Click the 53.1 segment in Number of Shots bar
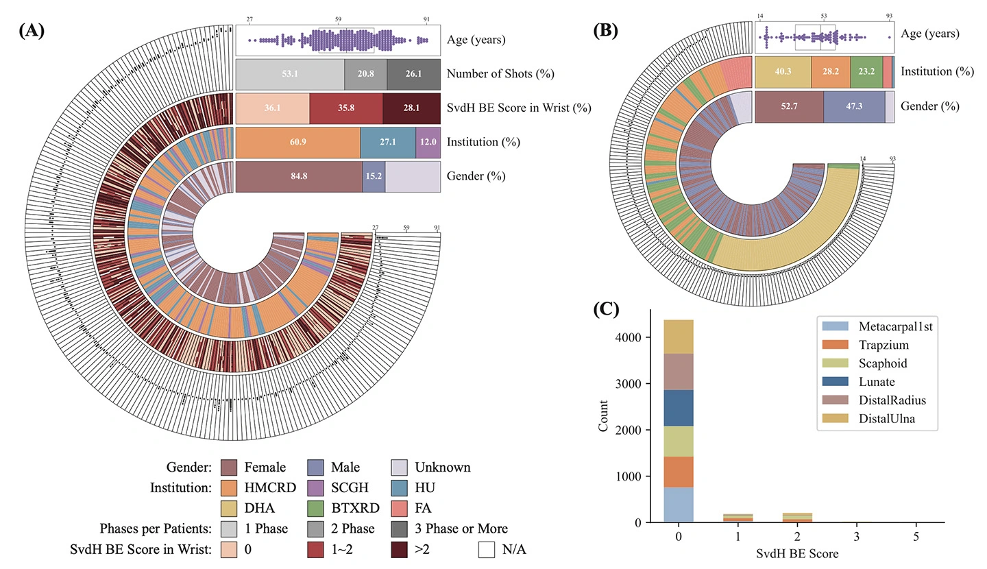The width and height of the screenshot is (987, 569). tap(290, 73)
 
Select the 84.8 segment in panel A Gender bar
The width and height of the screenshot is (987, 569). tap(299, 176)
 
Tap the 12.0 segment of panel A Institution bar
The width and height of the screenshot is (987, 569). tap(428, 142)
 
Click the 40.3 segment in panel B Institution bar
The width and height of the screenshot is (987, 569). tap(783, 72)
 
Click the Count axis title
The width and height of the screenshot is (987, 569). tap(603, 416)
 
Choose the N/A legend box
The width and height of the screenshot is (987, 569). tap(487, 548)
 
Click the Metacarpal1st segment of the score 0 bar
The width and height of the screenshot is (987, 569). tap(679, 505)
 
